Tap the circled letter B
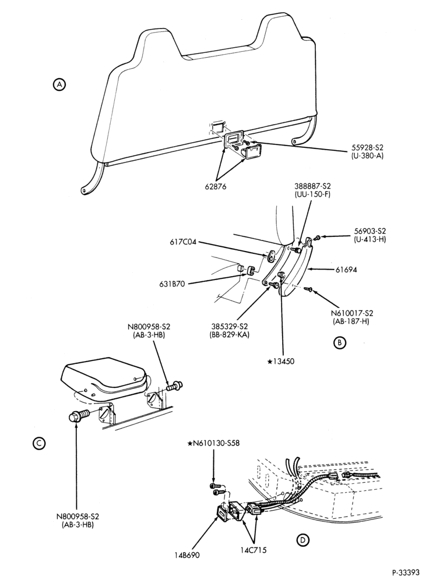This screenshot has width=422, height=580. click(x=339, y=342)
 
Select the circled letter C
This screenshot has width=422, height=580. click(x=38, y=443)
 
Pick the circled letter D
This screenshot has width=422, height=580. click(x=303, y=540)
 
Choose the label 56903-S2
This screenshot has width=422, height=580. click(x=370, y=231)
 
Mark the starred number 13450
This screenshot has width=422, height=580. click(x=280, y=362)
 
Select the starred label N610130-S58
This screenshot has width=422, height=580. click(x=213, y=443)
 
